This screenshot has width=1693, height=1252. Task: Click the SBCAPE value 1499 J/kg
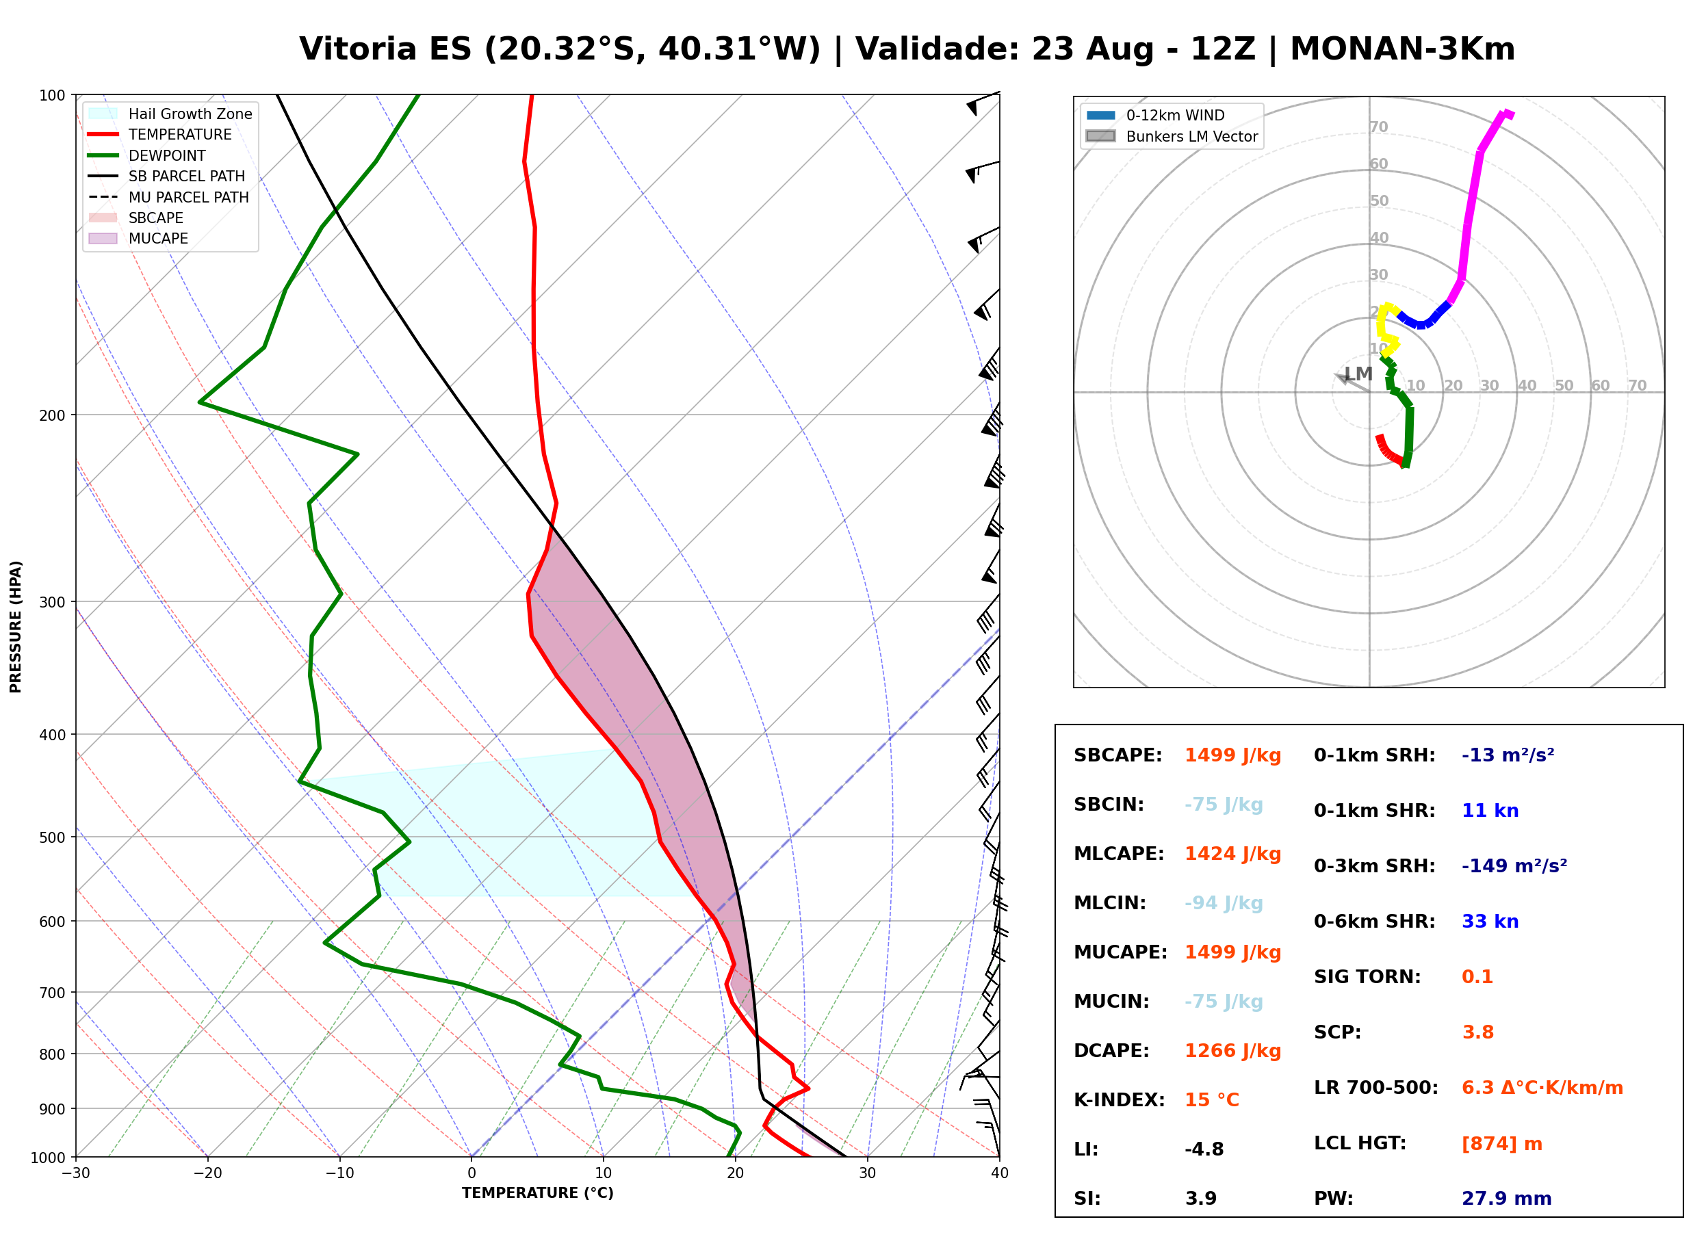click(x=1232, y=755)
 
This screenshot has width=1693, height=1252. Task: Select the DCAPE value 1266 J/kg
click(x=1232, y=1051)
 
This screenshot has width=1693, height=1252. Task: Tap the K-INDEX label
click(x=1119, y=1100)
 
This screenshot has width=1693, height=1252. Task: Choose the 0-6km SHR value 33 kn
click(x=1490, y=922)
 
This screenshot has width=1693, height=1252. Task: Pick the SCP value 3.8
click(x=1477, y=1032)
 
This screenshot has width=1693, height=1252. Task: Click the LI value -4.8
click(x=1204, y=1149)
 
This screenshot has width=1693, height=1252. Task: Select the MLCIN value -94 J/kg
click(x=1223, y=903)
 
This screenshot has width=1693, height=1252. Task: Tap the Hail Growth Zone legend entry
click(x=170, y=114)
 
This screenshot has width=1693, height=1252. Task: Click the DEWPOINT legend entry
click(x=147, y=155)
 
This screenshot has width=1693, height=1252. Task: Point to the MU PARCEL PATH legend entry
click(x=168, y=197)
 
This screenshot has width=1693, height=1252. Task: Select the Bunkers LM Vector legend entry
click(x=1172, y=136)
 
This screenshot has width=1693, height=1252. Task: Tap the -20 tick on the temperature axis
click(x=207, y=1173)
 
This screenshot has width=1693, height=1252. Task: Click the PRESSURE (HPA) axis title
click(x=15, y=627)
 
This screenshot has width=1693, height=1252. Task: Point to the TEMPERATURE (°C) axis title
click(x=537, y=1194)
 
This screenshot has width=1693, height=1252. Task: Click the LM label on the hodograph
click(x=1358, y=374)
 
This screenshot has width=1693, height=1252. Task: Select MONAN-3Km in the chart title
click(x=1402, y=49)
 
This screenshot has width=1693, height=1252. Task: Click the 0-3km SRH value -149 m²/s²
click(x=1514, y=865)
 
